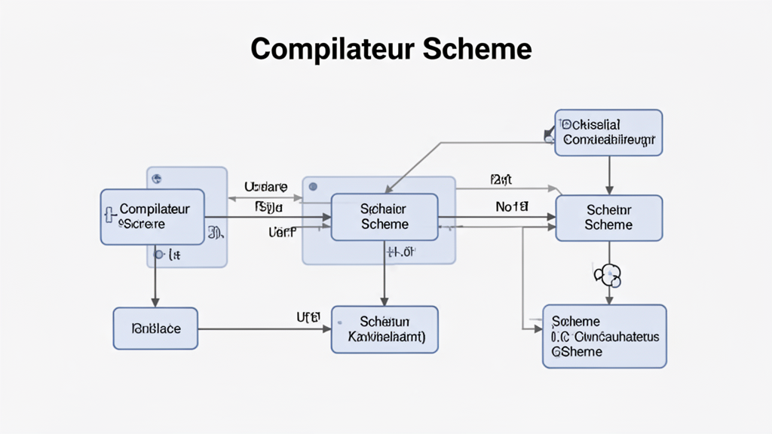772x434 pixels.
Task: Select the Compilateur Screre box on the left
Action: pyautogui.click(x=152, y=217)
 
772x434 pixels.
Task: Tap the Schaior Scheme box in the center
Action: pyautogui.click(x=384, y=217)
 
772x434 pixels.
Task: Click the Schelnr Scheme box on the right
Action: pyautogui.click(x=609, y=218)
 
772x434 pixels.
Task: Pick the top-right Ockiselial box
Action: pyautogui.click(x=609, y=133)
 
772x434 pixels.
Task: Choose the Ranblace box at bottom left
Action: pyautogui.click(x=156, y=329)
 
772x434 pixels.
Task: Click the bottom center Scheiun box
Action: pyautogui.click(x=384, y=329)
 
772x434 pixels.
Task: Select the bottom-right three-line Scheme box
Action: pyautogui.click(x=605, y=336)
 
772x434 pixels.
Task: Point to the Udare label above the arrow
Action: pyautogui.click(x=265, y=186)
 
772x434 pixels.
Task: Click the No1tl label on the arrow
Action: pyautogui.click(x=512, y=206)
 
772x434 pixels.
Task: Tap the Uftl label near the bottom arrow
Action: pyautogui.click(x=309, y=316)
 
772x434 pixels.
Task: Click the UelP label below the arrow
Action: pyautogui.click(x=283, y=233)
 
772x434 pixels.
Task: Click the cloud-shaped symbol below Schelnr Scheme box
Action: pyautogui.click(x=608, y=275)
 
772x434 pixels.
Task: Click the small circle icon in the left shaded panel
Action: pyautogui.click(x=157, y=179)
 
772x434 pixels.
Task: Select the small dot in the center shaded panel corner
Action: pyautogui.click(x=313, y=186)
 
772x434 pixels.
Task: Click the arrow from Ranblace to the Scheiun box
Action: pyautogui.click(x=264, y=329)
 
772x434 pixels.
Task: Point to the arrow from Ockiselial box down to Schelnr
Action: pyautogui.click(x=609, y=175)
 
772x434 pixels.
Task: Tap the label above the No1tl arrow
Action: pyautogui.click(x=501, y=180)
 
